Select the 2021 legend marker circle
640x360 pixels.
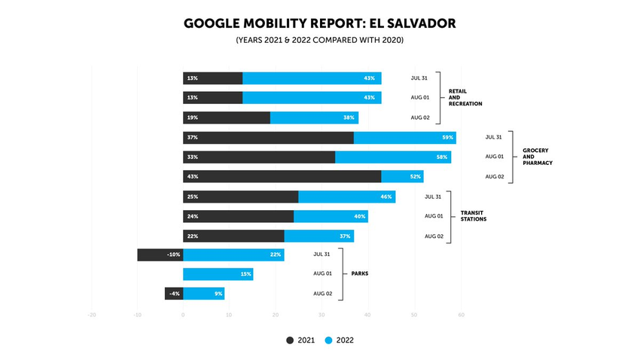291,340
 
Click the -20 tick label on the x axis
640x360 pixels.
92,315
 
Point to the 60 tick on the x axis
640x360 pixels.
461,315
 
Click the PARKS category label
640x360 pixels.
360,273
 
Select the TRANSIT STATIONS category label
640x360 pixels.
474,216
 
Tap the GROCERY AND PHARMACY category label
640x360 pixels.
538,157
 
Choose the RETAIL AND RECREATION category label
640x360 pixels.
465,97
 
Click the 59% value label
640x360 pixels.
448,137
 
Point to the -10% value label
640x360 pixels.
173,255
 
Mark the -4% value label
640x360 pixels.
175,294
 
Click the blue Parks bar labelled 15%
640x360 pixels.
218,274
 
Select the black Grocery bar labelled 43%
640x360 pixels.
282,176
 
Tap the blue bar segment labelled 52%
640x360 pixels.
403,176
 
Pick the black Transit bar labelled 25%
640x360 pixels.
241,197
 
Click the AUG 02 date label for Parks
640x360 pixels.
323,294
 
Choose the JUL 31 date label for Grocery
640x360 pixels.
494,137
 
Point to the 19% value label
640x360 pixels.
193,117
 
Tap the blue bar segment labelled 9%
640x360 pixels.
204,294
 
